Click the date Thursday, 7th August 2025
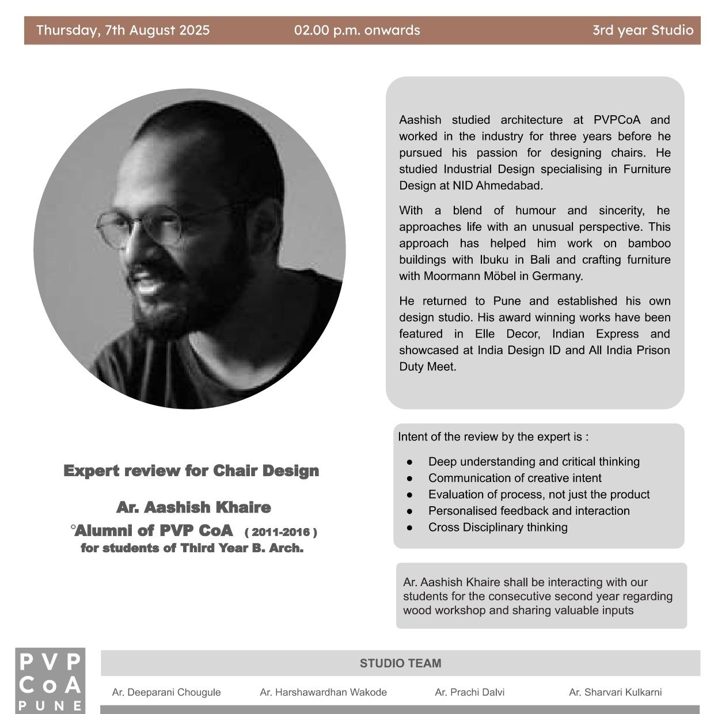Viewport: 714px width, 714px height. [x=123, y=31]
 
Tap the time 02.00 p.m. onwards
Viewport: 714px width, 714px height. [x=357, y=31]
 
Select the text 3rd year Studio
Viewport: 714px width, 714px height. [x=643, y=31]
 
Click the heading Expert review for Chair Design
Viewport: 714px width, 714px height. [x=191, y=471]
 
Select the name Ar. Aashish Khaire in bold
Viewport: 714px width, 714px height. [x=193, y=508]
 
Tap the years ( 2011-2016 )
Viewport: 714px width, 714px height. [x=281, y=532]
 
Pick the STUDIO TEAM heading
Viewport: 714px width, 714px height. [x=400, y=663]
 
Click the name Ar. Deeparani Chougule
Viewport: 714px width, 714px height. [x=166, y=692]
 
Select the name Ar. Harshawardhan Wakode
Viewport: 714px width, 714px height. [x=323, y=692]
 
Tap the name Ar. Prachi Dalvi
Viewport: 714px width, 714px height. [x=469, y=692]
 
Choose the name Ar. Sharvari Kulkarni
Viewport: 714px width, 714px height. [x=615, y=692]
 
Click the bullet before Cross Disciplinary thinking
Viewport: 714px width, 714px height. [x=410, y=527]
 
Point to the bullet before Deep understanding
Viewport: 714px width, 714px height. [x=410, y=462]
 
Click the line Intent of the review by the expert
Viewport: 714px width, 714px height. [x=493, y=437]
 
